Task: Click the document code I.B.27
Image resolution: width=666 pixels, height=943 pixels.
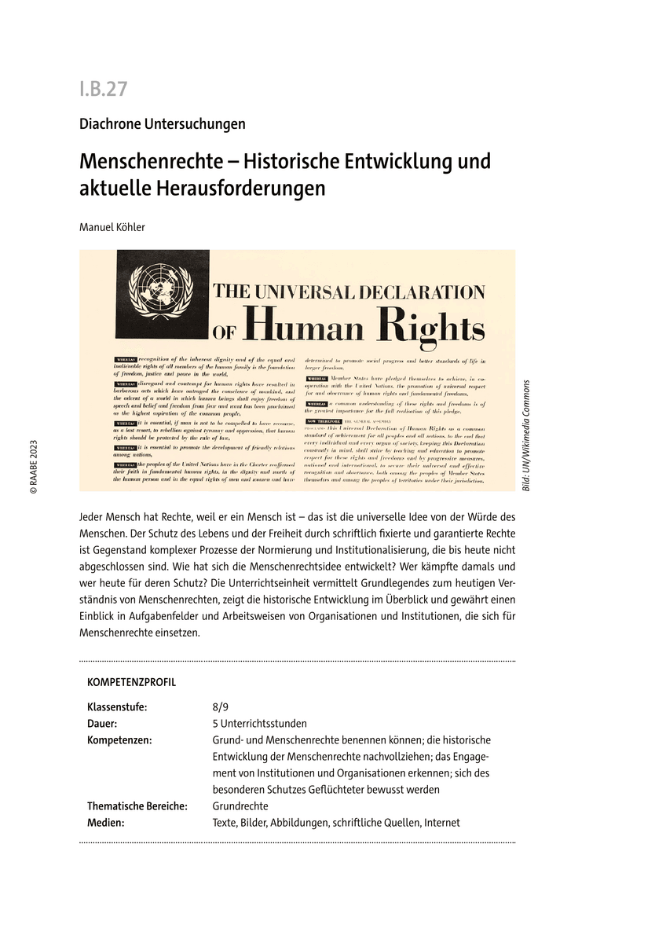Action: pos(103,89)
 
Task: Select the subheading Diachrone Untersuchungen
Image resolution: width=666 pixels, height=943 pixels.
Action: pos(163,123)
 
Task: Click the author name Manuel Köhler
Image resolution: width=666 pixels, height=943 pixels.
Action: pos(112,227)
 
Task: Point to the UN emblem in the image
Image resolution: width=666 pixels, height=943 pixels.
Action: pos(163,293)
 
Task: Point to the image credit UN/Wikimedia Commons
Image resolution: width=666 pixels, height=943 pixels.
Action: pos(526,436)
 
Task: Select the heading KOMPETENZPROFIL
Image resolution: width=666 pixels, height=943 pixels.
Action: pos(132,682)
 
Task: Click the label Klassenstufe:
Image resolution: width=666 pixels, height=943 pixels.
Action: pos(117,706)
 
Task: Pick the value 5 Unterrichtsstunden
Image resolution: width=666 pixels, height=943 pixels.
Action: pos(259,723)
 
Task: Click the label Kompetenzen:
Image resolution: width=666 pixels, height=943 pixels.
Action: pos(120,739)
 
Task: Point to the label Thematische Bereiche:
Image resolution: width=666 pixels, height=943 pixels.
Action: pos(137,805)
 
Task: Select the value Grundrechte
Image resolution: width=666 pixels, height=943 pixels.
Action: pos(240,805)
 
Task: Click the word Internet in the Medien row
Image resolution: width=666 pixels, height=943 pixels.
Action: pos(441,823)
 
